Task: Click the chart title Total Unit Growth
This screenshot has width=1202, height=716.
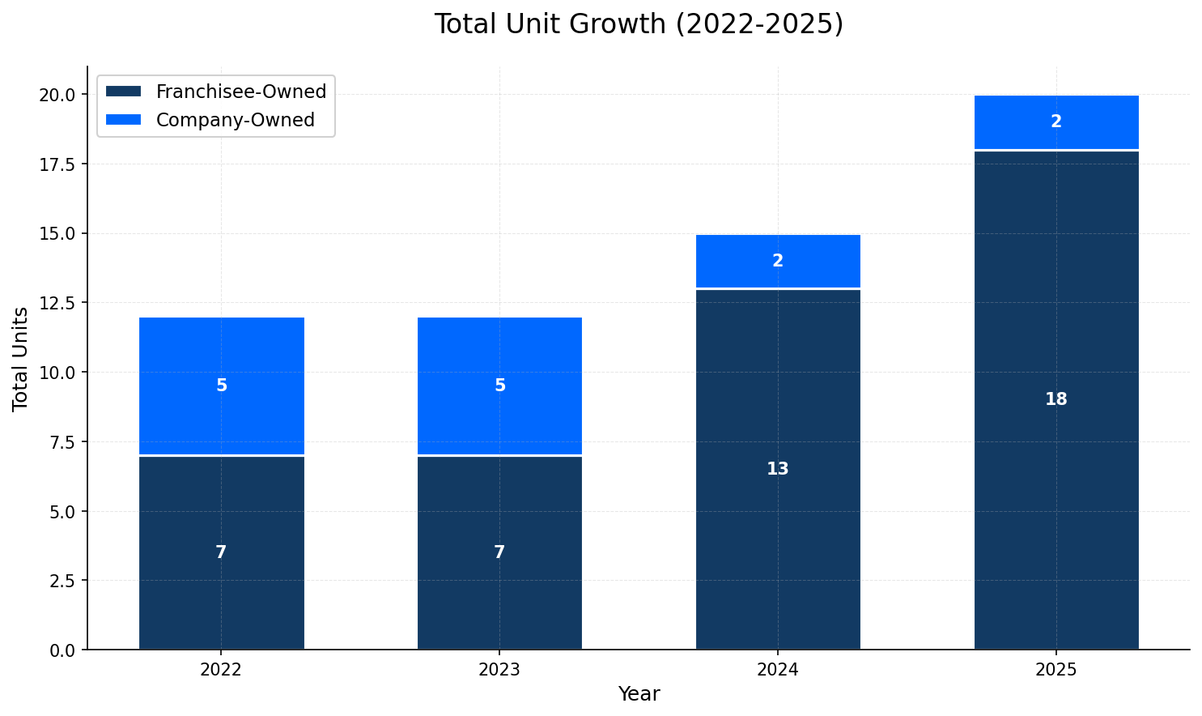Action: click(x=639, y=24)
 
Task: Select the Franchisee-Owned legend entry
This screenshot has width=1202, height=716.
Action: click(x=240, y=92)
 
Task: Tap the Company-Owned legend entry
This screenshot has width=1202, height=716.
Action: click(x=235, y=120)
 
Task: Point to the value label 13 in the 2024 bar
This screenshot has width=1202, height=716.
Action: click(x=777, y=469)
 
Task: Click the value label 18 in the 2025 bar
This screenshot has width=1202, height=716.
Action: click(x=1055, y=399)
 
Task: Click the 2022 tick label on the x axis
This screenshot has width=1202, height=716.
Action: click(x=221, y=670)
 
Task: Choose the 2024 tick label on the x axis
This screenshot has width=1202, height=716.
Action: click(x=777, y=670)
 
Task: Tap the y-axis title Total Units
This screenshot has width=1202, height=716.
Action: click(x=21, y=358)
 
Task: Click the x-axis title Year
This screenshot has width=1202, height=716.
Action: click(x=639, y=694)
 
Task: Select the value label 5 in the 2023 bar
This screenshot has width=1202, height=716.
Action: click(x=499, y=386)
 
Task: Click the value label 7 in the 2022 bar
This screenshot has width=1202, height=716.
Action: click(x=221, y=552)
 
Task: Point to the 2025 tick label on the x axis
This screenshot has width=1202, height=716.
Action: click(x=1055, y=670)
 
